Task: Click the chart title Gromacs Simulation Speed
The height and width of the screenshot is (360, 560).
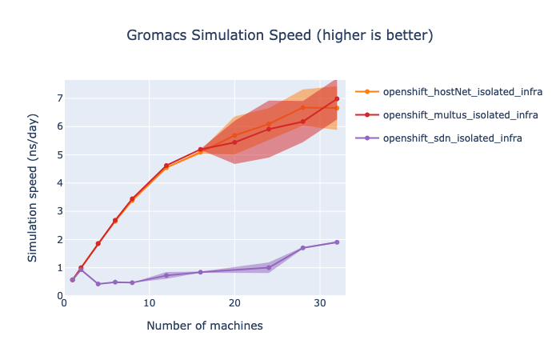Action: [x=280, y=36]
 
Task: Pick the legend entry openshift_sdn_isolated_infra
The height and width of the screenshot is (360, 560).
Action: [x=442, y=138]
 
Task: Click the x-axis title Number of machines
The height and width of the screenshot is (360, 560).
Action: [x=205, y=326]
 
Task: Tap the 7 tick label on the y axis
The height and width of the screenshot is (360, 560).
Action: [x=58, y=98]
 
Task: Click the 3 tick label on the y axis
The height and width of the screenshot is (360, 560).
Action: [x=58, y=211]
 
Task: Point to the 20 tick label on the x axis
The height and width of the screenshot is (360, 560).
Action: [x=234, y=303]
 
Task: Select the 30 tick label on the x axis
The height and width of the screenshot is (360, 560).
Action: [x=319, y=303]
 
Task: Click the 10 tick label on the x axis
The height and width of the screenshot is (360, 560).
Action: [x=149, y=303]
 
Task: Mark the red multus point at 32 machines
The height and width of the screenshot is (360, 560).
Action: [x=337, y=98]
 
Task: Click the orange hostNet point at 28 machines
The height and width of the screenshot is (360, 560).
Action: [x=302, y=107]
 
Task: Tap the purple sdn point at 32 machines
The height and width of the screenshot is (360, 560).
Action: [x=337, y=242]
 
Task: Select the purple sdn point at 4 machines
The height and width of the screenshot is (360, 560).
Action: [x=98, y=284]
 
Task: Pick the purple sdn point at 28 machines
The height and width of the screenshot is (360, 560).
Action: [x=302, y=248]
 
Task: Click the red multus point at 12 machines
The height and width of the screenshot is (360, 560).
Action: [x=166, y=166]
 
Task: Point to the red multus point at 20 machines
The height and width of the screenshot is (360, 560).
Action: [x=234, y=142]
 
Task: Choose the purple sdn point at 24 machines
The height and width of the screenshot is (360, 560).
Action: [x=269, y=267]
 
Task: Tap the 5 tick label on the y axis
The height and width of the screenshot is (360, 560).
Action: [x=58, y=154]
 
